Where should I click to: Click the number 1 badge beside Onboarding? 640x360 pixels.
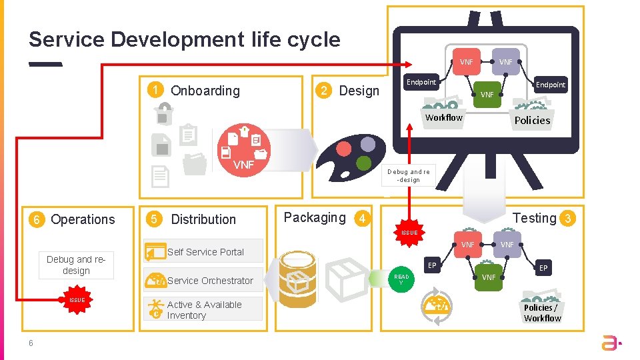(x=155, y=91)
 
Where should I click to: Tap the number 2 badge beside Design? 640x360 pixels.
(x=324, y=91)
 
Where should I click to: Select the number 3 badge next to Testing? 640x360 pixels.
(x=568, y=219)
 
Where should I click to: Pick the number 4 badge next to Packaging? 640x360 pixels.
(x=361, y=219)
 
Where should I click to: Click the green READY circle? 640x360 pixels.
(x=401, y=279)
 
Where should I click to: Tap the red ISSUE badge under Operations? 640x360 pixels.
(x=77, y=300)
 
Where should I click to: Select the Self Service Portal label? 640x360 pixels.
(x=205, y=252)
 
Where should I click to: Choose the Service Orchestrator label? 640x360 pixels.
(x=210, y=281)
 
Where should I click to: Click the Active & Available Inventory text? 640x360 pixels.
(x=204, y=309)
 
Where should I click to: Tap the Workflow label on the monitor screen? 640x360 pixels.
(x=444, y=118)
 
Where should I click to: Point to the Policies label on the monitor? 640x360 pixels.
(x=532, y=121)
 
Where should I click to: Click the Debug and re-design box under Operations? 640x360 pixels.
(x=76, y=265)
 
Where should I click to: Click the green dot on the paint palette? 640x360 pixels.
(x=363, y=163)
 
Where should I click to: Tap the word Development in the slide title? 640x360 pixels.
(x=178, y=39)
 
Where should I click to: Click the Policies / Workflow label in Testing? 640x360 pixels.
(x=542, y=313)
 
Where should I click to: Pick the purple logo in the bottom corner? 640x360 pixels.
(x=611, y=343)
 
